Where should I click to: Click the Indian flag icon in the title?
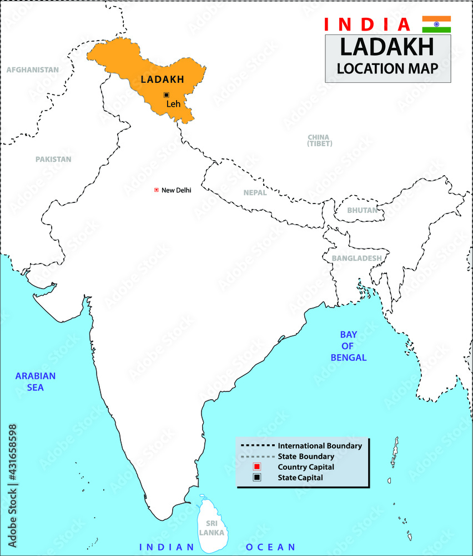[436, 24]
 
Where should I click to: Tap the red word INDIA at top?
[367, 24]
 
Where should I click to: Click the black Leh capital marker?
[166, 95]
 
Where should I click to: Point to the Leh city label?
[174, 103]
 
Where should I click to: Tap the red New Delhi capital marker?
[157, 190]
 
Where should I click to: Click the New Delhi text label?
[176, 190]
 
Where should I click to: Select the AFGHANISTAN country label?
[32, 70]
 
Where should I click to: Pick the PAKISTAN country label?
[53, 159]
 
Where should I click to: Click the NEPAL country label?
[255, 192]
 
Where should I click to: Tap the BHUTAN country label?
[362, 210]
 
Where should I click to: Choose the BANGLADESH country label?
[356, 258]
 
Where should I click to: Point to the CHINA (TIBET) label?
[319, 140]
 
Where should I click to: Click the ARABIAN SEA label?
[36, 381]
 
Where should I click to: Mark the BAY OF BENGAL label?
[348, 346]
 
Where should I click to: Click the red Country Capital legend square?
[257, 466]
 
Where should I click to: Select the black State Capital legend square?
[257, 477]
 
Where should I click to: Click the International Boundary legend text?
[320, 446]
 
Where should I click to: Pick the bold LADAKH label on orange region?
[162, 80]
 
